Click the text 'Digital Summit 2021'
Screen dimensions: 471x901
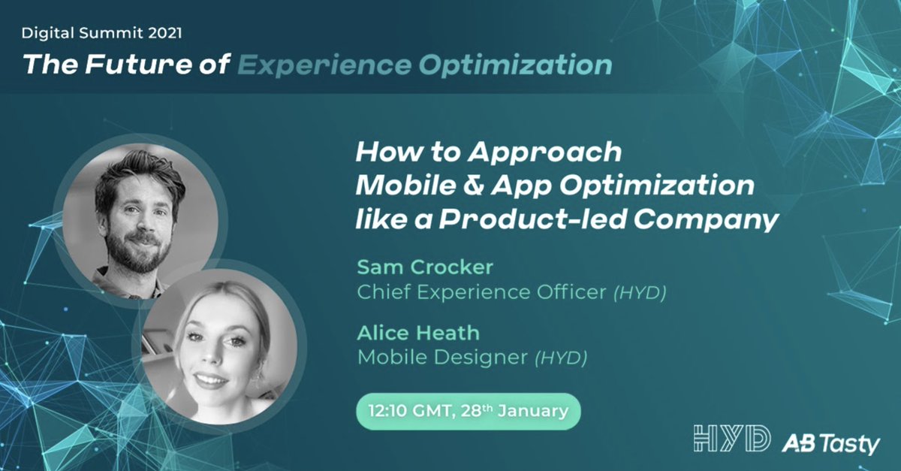101,33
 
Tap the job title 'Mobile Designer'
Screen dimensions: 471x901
442,357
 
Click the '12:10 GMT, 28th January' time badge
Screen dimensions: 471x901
469,412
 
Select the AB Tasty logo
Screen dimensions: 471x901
830,443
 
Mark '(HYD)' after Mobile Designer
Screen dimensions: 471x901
560,358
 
